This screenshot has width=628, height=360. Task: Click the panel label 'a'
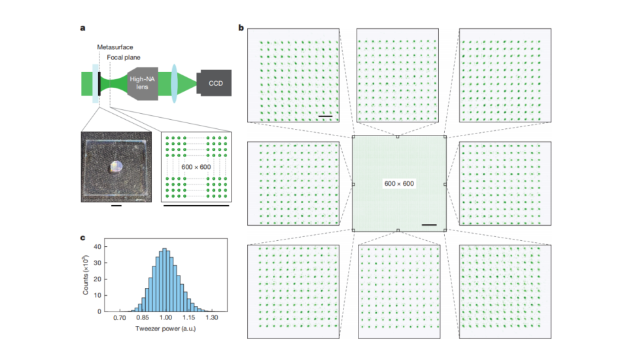pos(82,28)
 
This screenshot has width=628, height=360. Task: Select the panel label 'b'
pos(241,27)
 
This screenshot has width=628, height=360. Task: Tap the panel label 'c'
pos(82,238)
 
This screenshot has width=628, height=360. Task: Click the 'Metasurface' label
pos(115,47)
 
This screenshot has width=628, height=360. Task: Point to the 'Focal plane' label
pos(124,58)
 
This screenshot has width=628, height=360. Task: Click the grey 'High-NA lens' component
pos(143,83)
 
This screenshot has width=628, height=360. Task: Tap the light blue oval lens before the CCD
pos(174,83)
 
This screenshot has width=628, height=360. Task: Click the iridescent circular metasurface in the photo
pos(116,167)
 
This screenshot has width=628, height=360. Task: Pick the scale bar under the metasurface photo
pos(116,206)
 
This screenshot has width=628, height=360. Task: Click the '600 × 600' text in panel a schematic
pos(196,167)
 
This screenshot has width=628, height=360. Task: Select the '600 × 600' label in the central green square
pos(399,184)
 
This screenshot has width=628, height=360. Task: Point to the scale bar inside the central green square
pos(429,225)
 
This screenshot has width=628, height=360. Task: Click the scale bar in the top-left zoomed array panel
pos(325,117)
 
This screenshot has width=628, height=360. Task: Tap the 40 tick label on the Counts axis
pos(97,247)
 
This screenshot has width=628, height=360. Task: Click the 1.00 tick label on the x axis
pos(166,317)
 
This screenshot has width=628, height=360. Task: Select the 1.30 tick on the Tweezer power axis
pos(212,317)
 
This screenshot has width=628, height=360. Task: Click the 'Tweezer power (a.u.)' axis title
pos(166,329)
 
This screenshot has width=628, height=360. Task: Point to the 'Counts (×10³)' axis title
pos(85,275)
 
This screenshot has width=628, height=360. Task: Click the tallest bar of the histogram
pos(165,280)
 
